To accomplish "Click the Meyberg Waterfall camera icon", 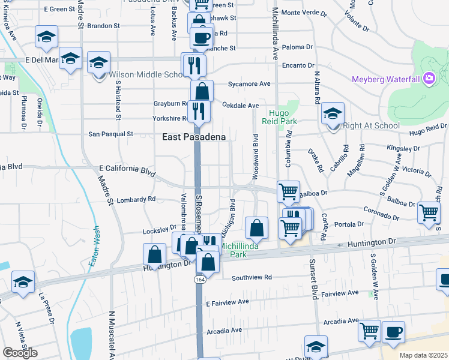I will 429,78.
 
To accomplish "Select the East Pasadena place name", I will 194,137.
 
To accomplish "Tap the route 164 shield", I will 199,280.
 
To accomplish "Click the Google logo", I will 20,353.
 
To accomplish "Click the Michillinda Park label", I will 243,250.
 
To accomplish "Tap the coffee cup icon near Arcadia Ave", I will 394,331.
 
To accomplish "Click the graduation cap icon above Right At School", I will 333,112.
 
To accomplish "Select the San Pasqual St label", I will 110,134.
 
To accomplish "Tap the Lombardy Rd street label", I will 136,199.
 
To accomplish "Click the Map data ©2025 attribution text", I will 423,355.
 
